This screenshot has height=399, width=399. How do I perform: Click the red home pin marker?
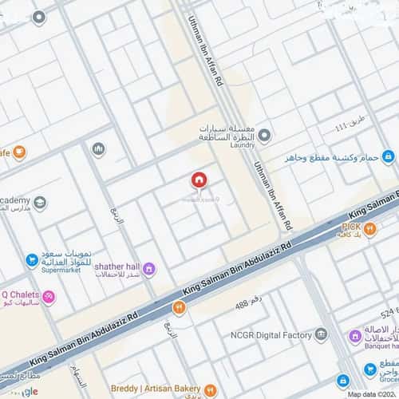(198, 180)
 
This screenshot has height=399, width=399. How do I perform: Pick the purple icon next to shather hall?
(149, 267)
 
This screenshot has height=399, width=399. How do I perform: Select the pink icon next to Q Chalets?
(49, 298)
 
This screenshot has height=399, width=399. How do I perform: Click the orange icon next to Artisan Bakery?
(210, 390)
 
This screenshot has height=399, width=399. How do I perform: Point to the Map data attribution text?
(372, 394)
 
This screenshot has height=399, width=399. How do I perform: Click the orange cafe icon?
(19, 152)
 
